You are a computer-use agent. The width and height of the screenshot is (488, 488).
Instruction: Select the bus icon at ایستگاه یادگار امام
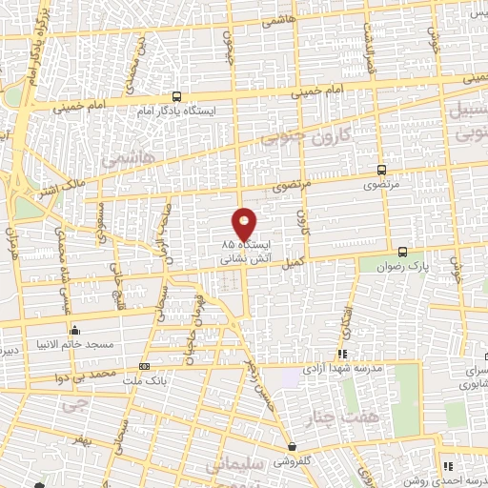click(x=176, y=96)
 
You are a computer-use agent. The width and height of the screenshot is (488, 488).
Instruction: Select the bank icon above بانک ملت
click(x=144, y=366)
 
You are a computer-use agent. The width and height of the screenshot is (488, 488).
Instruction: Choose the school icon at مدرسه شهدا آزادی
click(x=342, y=355)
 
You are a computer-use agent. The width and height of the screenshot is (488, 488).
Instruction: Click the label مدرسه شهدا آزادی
click(x=346, y=368)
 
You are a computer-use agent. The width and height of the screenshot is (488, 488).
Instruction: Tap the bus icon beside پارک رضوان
click(x=403, y=252)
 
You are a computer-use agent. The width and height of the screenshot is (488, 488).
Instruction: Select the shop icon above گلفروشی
click(x=292, y=446)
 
